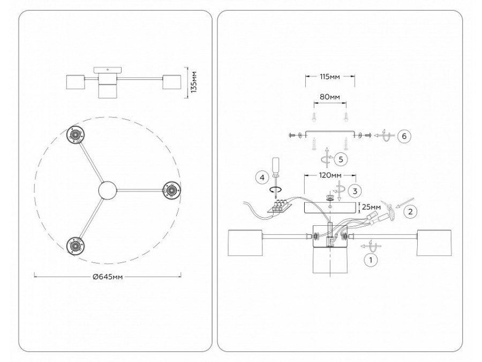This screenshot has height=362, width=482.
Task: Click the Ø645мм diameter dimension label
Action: point(108,277)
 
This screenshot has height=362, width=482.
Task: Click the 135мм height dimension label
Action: point(194,82)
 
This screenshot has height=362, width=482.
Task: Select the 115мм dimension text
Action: point(330,77)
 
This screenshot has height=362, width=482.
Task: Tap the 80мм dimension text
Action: point(330,97)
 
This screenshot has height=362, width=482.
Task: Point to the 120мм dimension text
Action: point(330,175)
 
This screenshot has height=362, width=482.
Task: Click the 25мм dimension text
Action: point(372,206)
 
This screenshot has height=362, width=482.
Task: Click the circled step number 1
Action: point(371,260)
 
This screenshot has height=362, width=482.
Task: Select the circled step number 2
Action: point(410,211)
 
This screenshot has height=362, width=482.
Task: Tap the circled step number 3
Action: point(355,191)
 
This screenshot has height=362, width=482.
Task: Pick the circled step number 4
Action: point(262,178)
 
